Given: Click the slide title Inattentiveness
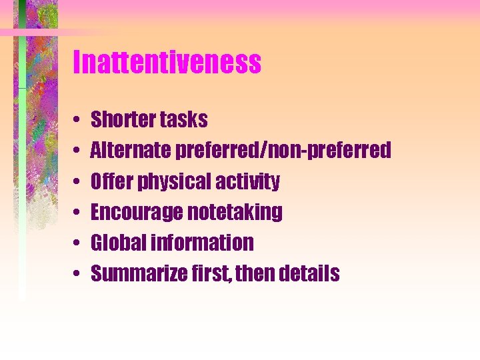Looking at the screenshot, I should pos(167,63).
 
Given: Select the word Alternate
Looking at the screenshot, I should pos(131,151).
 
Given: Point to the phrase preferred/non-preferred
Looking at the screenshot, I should pos(283,151).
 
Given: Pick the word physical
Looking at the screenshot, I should pos(163,182).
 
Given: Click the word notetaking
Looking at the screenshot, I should pos(235,213).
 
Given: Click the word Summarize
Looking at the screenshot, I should pos(135,273).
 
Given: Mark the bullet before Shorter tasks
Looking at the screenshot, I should pos(79,121).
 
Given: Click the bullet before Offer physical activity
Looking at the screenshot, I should pos(79,182).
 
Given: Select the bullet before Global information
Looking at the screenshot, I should pos(79,243).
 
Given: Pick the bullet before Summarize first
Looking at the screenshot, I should pos(79,274).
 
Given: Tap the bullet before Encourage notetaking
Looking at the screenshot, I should pos(79,213).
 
